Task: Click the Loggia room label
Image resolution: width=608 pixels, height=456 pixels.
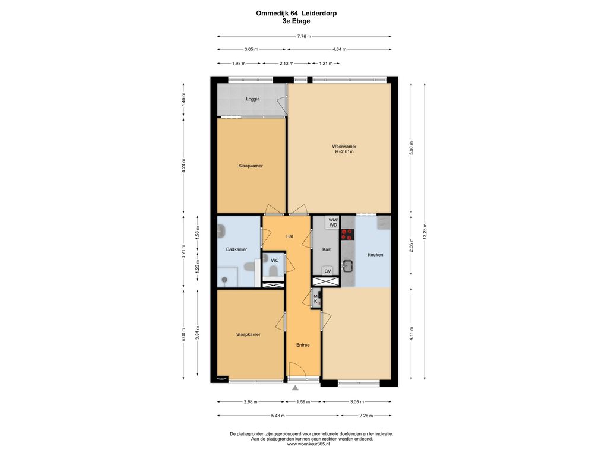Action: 253,99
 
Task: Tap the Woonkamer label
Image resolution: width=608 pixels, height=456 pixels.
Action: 344,147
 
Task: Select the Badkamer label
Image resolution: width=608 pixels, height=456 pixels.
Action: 236,249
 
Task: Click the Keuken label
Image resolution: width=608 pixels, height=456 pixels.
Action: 375,255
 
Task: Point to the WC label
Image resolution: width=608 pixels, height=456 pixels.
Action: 274,261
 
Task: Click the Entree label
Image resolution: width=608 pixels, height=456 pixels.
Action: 303,345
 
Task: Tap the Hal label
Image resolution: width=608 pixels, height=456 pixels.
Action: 290,236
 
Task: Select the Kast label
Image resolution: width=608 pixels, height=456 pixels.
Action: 327,249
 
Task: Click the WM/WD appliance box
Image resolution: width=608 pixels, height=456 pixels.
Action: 332,223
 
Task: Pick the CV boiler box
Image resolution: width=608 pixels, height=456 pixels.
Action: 328,271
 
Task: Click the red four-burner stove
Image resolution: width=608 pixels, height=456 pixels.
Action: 347,234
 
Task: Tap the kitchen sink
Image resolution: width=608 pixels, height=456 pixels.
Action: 347,265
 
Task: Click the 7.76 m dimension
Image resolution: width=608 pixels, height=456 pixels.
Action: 304,36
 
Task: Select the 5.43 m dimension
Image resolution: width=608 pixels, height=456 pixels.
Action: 278,416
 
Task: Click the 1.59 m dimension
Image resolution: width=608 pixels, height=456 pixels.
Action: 303,402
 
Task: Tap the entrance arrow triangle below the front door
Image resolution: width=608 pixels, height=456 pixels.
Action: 296,387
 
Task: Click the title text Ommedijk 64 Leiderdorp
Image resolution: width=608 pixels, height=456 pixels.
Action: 296,13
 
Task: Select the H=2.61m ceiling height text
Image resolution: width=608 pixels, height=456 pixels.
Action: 344,152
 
